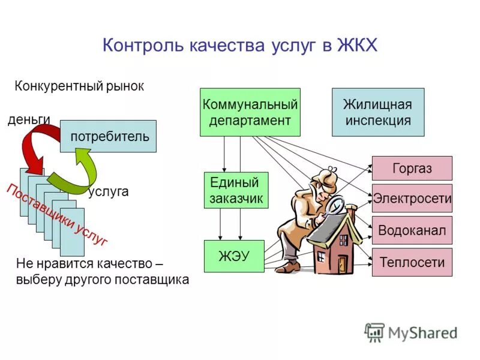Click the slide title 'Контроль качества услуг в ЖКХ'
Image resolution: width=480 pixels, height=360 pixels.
[x=240, y=46]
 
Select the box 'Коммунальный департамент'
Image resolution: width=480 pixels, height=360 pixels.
[x=250, y=112]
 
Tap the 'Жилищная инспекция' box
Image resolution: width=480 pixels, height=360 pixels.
[x=377, y=112]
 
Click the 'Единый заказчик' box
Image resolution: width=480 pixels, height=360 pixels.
[x=236, y=190]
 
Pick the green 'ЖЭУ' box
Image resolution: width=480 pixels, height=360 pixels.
[x=233, y=256]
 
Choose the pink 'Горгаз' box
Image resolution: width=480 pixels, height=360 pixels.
[x=412, y=169]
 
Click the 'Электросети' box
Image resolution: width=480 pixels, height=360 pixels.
[x=412, y=199]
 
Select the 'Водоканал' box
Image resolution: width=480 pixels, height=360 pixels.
[x=412, y=230]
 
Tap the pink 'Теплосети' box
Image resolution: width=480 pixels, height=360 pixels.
[x=412, y=262]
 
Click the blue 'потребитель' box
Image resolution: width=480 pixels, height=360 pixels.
[x=109, y=136]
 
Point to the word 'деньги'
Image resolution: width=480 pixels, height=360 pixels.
[x=28, y=119]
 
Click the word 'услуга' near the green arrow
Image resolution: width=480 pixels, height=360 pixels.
[x=109, y=192]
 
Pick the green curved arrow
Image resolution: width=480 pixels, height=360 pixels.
[x=78, y=171]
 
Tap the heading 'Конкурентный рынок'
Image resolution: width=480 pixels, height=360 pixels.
[x=79, y=86]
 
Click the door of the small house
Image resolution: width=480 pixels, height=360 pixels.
[x=343, y=264]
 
